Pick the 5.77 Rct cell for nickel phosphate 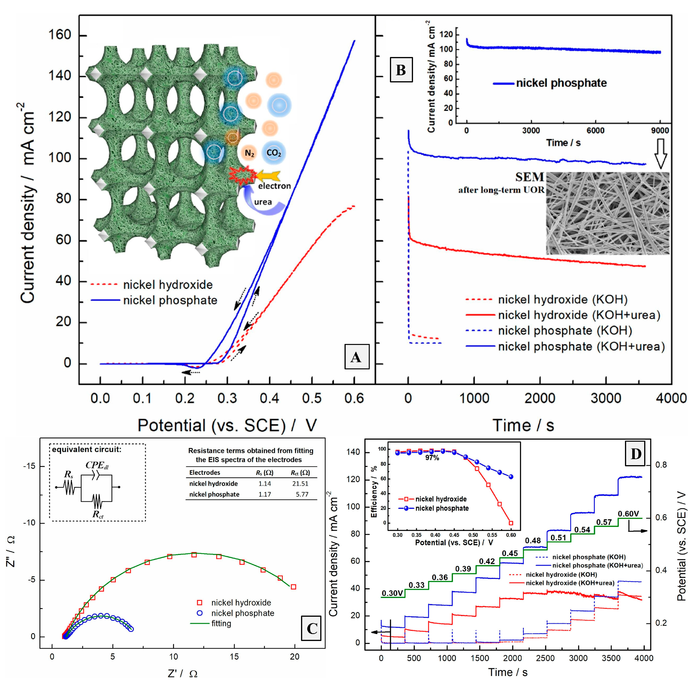point(302,494)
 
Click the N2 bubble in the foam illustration point(250,153)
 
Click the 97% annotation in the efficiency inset point(432,458)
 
